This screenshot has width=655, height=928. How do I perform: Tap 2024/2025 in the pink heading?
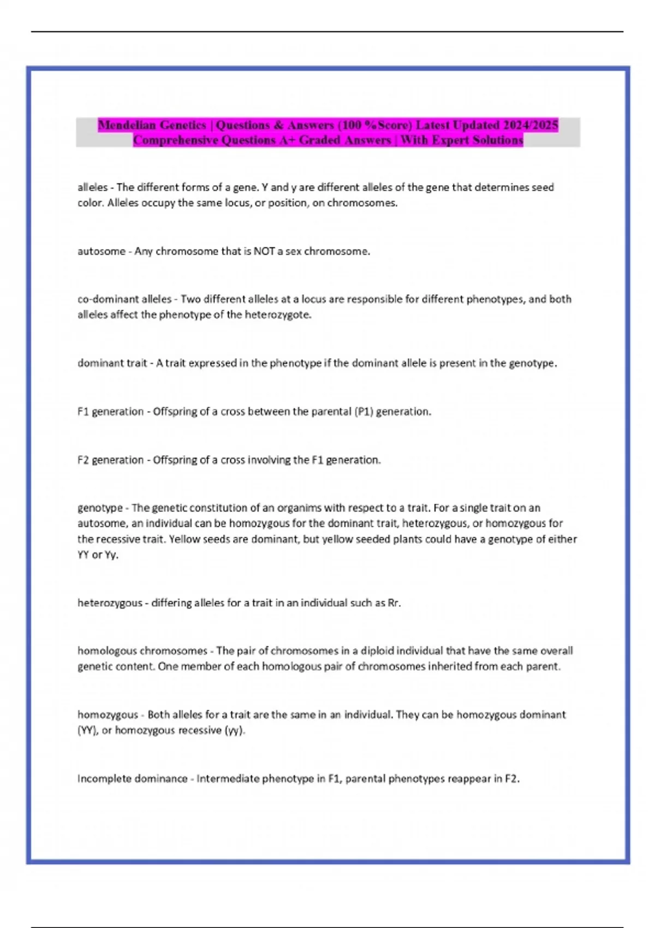point(530,125)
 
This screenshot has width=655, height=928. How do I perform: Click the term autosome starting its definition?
point(101,252)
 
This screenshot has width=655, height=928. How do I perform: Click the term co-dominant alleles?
point(124,299)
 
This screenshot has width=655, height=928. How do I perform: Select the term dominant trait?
point(112,364)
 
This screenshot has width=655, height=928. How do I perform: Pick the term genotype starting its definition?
point(100,508)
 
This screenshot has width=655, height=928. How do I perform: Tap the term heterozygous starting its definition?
point(110,603)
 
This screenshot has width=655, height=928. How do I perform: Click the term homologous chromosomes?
point(142,651)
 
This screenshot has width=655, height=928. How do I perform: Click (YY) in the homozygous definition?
point(87,730)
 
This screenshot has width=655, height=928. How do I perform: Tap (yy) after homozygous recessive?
point(235,730)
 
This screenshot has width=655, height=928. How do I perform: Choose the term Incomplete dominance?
point(132,779)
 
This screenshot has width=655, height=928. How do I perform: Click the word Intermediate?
point(227,779)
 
